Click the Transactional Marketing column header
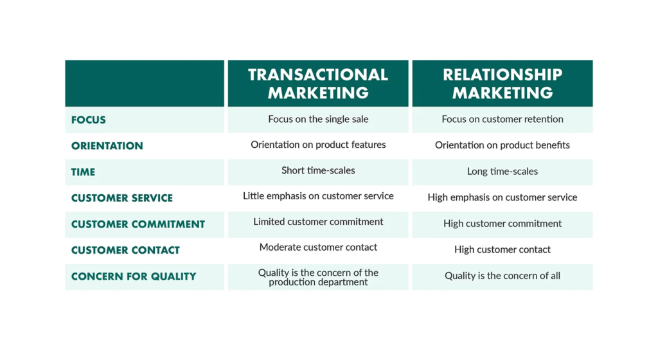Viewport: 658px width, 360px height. [318, 84]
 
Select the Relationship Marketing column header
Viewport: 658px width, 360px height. [502, 84]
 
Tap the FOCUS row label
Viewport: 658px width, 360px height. [89, 120]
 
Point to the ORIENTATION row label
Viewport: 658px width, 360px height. [107, 146]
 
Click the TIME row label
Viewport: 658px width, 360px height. [84, 172]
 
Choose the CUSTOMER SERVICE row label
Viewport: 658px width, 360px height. [122, 198]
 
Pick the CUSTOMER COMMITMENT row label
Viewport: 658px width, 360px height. [138, 224]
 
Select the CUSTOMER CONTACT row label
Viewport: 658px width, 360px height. [125, 250]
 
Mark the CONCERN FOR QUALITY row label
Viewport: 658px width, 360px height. [134, 276]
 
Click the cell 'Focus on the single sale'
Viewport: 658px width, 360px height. [318, 119]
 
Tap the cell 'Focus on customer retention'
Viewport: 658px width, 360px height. [502, 119]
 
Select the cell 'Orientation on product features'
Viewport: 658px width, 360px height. [318, 145]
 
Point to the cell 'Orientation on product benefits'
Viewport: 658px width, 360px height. [502, 145]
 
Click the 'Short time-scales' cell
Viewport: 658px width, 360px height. [318, 170]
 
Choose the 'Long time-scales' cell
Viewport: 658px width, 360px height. [502, 172]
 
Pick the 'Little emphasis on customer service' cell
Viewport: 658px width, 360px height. [318, 196]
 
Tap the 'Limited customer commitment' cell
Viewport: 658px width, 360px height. [318, 222]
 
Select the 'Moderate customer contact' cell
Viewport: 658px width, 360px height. [318, 248]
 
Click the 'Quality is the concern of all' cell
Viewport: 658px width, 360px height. [502, 276]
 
